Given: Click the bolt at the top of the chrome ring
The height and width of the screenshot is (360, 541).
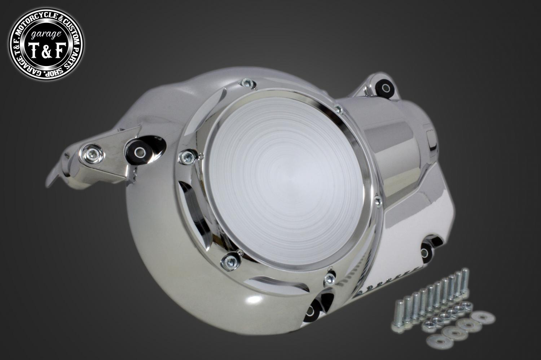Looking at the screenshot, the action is click(246, 84).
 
